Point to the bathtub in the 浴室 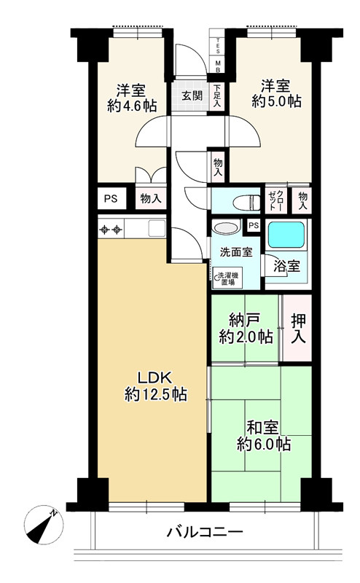click(287, 236)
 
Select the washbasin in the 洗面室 click(226, 228)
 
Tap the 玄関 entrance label click(192, 95)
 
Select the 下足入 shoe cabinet click(217, 95)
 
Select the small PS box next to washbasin click(253, 225)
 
